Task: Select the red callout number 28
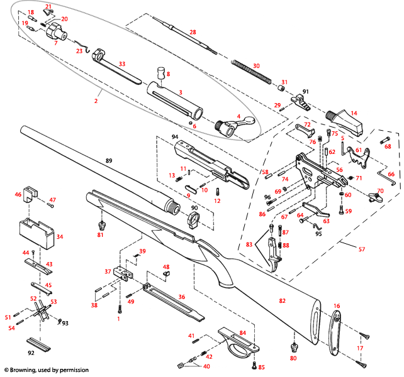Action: point(193,32)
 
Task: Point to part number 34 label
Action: point(60,238)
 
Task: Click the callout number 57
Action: point(361,249)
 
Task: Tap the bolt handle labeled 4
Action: point(232,124)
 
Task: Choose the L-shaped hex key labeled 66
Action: point(384,180)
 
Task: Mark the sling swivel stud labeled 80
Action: point(293,347)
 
